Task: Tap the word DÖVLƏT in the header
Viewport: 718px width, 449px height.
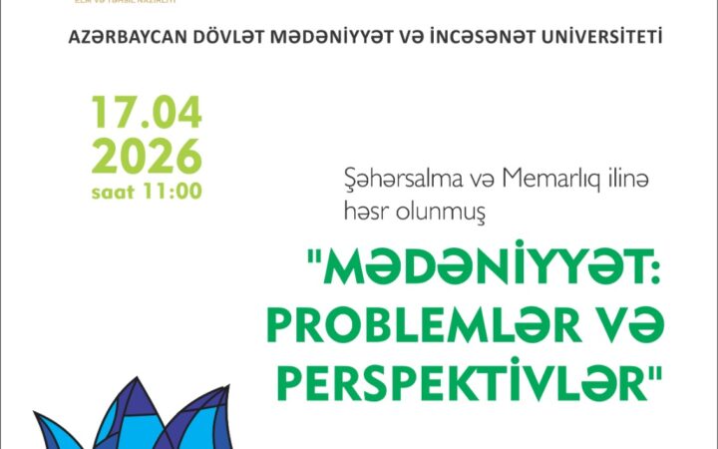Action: pos(211,37)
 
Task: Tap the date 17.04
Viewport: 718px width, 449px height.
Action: pos(147,114)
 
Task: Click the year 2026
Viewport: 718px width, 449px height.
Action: pos(147,156)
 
